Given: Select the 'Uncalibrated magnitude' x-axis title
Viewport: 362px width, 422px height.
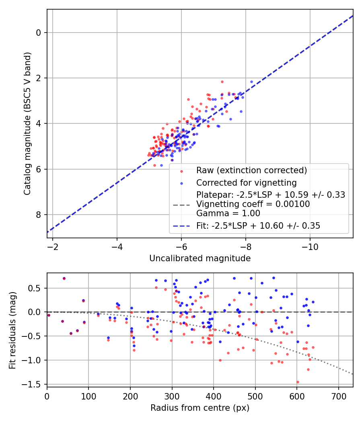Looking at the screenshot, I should coord(200,258).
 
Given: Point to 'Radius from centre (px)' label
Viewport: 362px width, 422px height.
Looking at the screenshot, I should coord(200,408).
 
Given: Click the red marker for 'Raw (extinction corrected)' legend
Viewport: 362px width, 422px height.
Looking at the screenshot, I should coord(181,170).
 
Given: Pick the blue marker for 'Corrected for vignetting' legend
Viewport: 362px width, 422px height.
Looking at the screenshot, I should coord(181,183).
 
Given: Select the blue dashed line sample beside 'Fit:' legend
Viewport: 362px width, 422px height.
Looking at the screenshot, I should coord(181,226).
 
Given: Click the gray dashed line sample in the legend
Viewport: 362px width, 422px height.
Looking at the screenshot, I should coord(181,205).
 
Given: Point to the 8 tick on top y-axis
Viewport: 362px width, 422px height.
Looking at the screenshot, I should coord(39,215).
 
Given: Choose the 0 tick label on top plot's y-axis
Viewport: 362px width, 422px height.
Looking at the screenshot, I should coord(39,33).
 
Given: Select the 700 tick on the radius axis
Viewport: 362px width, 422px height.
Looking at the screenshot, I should coord(338,396).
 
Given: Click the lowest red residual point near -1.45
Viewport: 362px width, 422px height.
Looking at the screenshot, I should coord(298,382).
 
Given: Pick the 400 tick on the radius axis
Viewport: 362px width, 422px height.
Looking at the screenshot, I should coord(214,396).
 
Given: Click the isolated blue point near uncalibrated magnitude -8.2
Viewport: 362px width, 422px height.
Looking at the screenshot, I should coord(252,82).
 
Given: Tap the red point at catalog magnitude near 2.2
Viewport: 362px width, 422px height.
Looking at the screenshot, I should coord(222,82).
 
